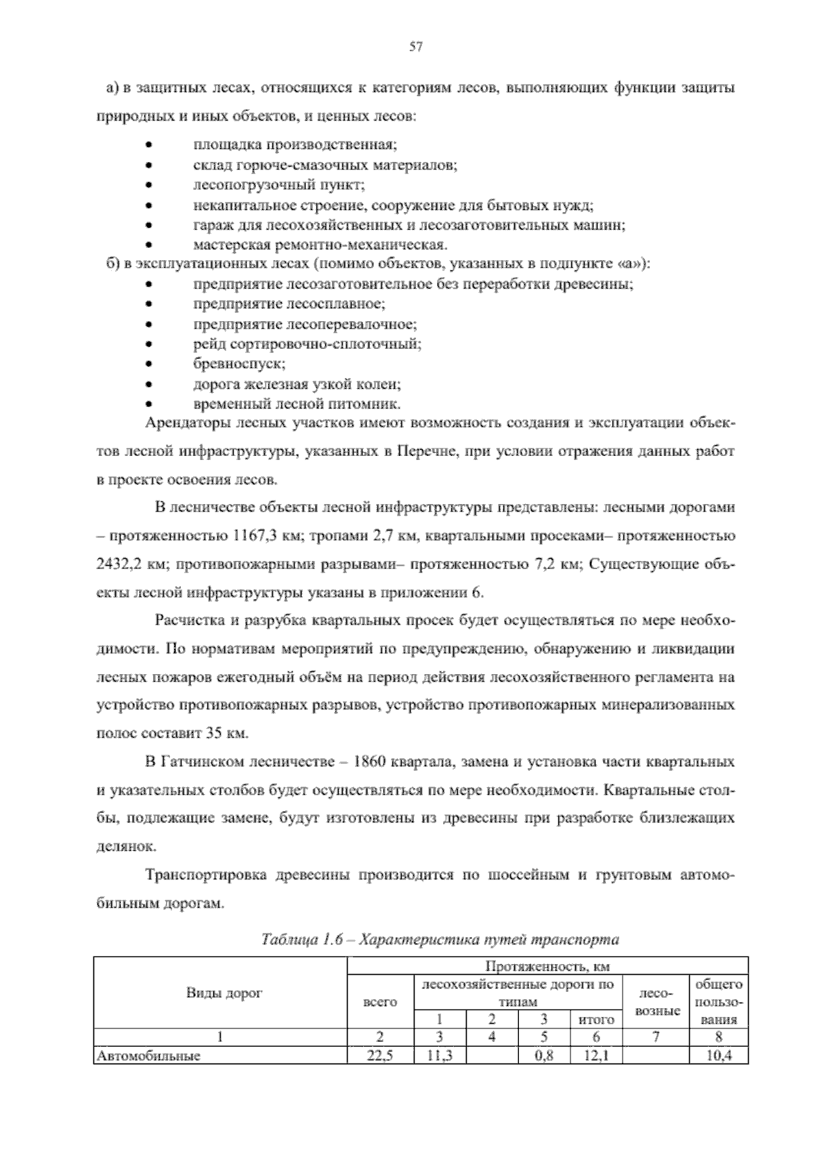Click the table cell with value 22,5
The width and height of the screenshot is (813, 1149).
[379, 1055]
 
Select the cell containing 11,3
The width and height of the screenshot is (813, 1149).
[439, 1055]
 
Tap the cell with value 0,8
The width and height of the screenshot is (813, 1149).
[543, 1055]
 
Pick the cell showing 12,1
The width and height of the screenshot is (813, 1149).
[596, 1055]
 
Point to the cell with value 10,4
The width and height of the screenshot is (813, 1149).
[718, 1055]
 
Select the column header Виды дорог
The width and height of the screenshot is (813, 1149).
[224, 993]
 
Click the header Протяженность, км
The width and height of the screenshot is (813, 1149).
[547, 965]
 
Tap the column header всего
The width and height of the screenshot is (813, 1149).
[380, 1001]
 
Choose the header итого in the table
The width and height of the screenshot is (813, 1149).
[596, 1019]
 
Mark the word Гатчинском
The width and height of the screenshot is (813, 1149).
[203, 761]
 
